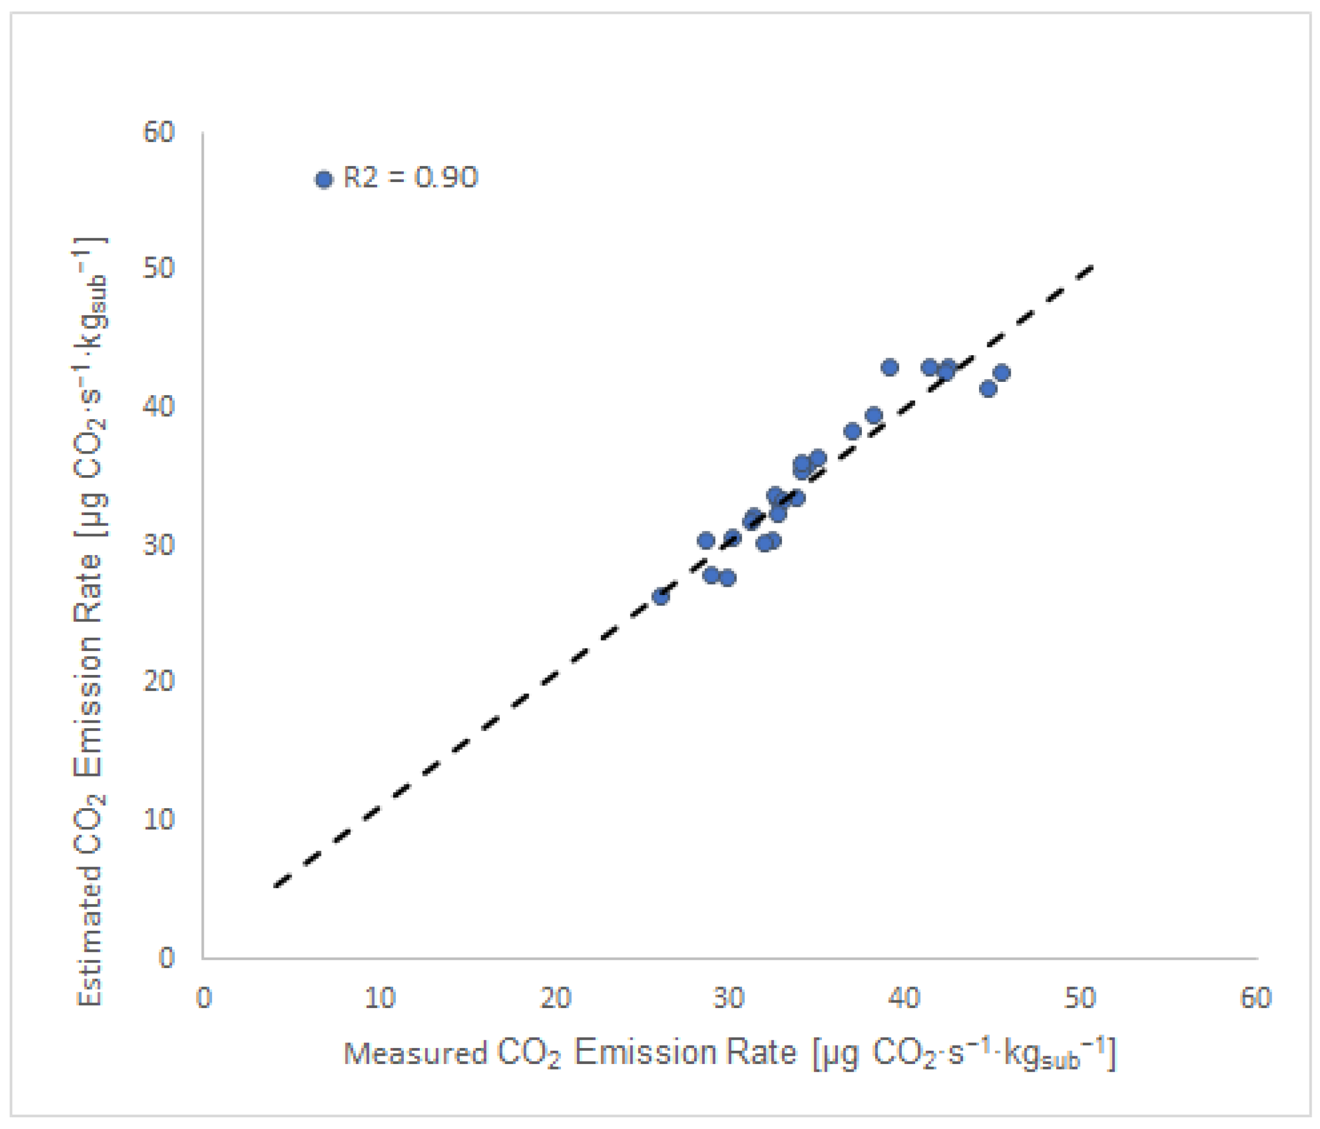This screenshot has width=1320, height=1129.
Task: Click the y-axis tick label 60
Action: pyautogui.click(x=159, y=133)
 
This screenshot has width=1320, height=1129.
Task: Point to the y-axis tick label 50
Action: pyautogui.click(x=159, y=268)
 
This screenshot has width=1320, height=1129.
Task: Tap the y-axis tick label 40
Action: pyautogui.click(x=159, y=406)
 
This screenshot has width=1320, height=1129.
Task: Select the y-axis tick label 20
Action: pyautogui.click(x=159, y=681)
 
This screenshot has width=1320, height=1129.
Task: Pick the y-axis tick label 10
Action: pyautogui.click(x=159, y=819)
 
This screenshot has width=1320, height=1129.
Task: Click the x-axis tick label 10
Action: pyautogui.click(x=380, y=998)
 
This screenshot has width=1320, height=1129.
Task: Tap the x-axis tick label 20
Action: pyautogui.click(x=555, y=998)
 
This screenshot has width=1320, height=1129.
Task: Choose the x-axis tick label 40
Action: pyautogui.click(x=905, y=998)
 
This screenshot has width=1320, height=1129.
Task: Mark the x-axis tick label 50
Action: pyautogui.click(x=1080, y=998)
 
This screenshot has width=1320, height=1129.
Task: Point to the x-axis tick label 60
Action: pyautogui.click(x=1256, y=998)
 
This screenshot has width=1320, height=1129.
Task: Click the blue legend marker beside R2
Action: pyautogui.click(x=324, y=180)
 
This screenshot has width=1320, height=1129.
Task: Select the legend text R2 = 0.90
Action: pyautogui.click(x=411, y=178)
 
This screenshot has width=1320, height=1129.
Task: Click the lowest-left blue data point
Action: pyautogui.click(x=661, y=597)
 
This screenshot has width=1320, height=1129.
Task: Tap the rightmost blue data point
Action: pyautogui.click(x=1001, y=372)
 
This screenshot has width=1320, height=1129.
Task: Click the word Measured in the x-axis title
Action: pyautogui.click(x=415, y=1053)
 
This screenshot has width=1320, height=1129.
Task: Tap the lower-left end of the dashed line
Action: pyautogui.click(x=275, y=886)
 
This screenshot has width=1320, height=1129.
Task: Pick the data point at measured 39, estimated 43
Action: pyautogui.click(x=890, y=367)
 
